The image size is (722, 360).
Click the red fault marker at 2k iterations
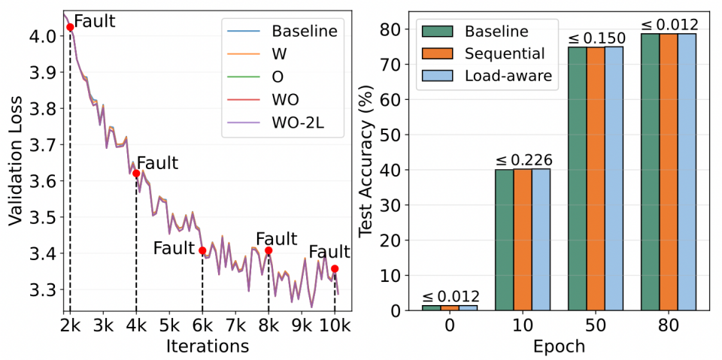click(x=70, y=27)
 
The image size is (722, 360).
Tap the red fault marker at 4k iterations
click(x=136, y=173)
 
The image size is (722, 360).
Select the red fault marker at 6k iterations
click(x=202, y=250)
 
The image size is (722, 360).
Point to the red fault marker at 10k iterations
click(x=335, y=268)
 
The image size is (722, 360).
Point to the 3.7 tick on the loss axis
click(x=41, y=145)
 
